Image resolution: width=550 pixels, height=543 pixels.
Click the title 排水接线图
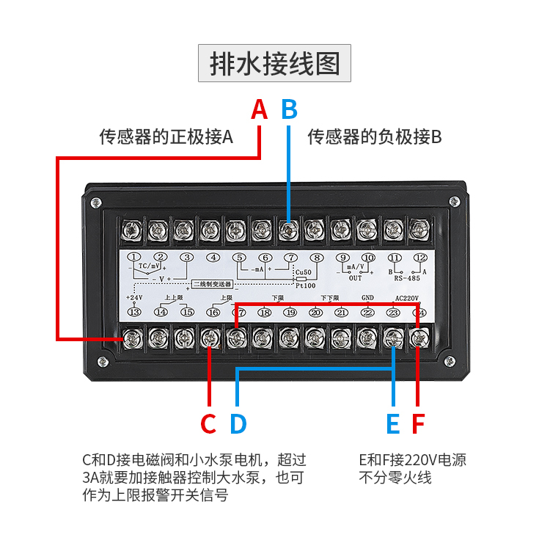[x=275, y=63]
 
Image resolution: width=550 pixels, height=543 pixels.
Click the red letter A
[x=259, y=109]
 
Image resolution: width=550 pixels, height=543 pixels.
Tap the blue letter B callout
[x=290, y=109]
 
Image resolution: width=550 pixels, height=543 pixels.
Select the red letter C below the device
[x=208, y=424]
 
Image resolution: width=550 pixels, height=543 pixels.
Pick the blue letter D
[x=238, y=424]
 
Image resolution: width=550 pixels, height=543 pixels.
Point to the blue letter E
[x=393, y=424]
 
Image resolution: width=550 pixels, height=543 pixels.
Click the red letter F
[x=418, y=424]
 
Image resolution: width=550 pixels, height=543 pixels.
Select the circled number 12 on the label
[x=420, y=258]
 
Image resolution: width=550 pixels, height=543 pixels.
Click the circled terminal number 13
[x=134, y=312]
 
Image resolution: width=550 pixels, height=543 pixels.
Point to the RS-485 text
[x=407, y=278]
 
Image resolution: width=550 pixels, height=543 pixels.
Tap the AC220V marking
[x=406, y=298]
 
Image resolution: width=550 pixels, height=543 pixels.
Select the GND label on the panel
[x=368, y=298]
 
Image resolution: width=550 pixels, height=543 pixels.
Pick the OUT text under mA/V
[x=356, y=278]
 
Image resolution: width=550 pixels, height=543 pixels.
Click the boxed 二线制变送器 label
[x=212, y=283]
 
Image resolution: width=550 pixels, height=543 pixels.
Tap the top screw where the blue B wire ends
[x=288, y=230]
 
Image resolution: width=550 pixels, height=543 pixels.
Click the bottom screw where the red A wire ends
[x=133, y=338]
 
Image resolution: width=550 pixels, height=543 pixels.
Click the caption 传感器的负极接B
[x=374, y=136]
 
